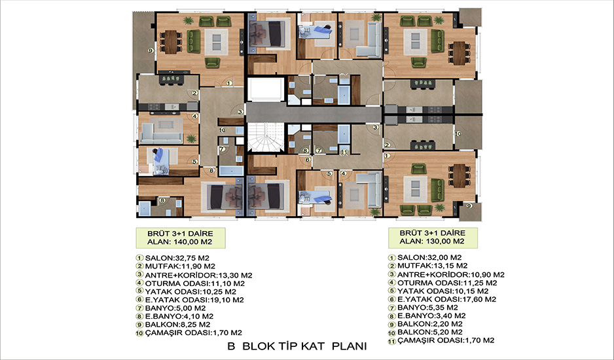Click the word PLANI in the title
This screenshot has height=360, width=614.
coord(350,346)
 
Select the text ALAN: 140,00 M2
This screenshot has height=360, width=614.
coord(180,242)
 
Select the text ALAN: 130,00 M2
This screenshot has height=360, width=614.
coord(432,242)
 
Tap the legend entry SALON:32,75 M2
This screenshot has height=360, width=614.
coord(177,258)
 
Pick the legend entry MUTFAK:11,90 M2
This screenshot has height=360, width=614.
coord(180,266)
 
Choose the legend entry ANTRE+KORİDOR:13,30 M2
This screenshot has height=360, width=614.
coord(198,275)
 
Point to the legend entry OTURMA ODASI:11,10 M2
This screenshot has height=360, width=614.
coord(194,283)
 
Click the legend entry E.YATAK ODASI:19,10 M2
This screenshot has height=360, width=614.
coord(194,300)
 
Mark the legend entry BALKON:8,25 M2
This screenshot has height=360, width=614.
coord(177,325)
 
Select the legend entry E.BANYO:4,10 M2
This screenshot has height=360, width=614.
coord(179,316)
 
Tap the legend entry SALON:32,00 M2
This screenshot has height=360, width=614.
coord(429,257)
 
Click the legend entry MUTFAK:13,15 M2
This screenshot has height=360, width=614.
coord(432,266)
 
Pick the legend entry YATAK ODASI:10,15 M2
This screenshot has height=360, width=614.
coord(443,291)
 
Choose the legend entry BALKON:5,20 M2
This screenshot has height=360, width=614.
coord(430,333)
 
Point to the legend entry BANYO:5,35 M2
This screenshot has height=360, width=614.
coord(427,308)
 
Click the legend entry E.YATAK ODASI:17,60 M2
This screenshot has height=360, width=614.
coord(447,299)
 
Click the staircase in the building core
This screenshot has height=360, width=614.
coord(266,136)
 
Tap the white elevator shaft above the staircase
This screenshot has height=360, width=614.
coord(266,89)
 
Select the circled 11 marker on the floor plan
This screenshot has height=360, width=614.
coord(344,152)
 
